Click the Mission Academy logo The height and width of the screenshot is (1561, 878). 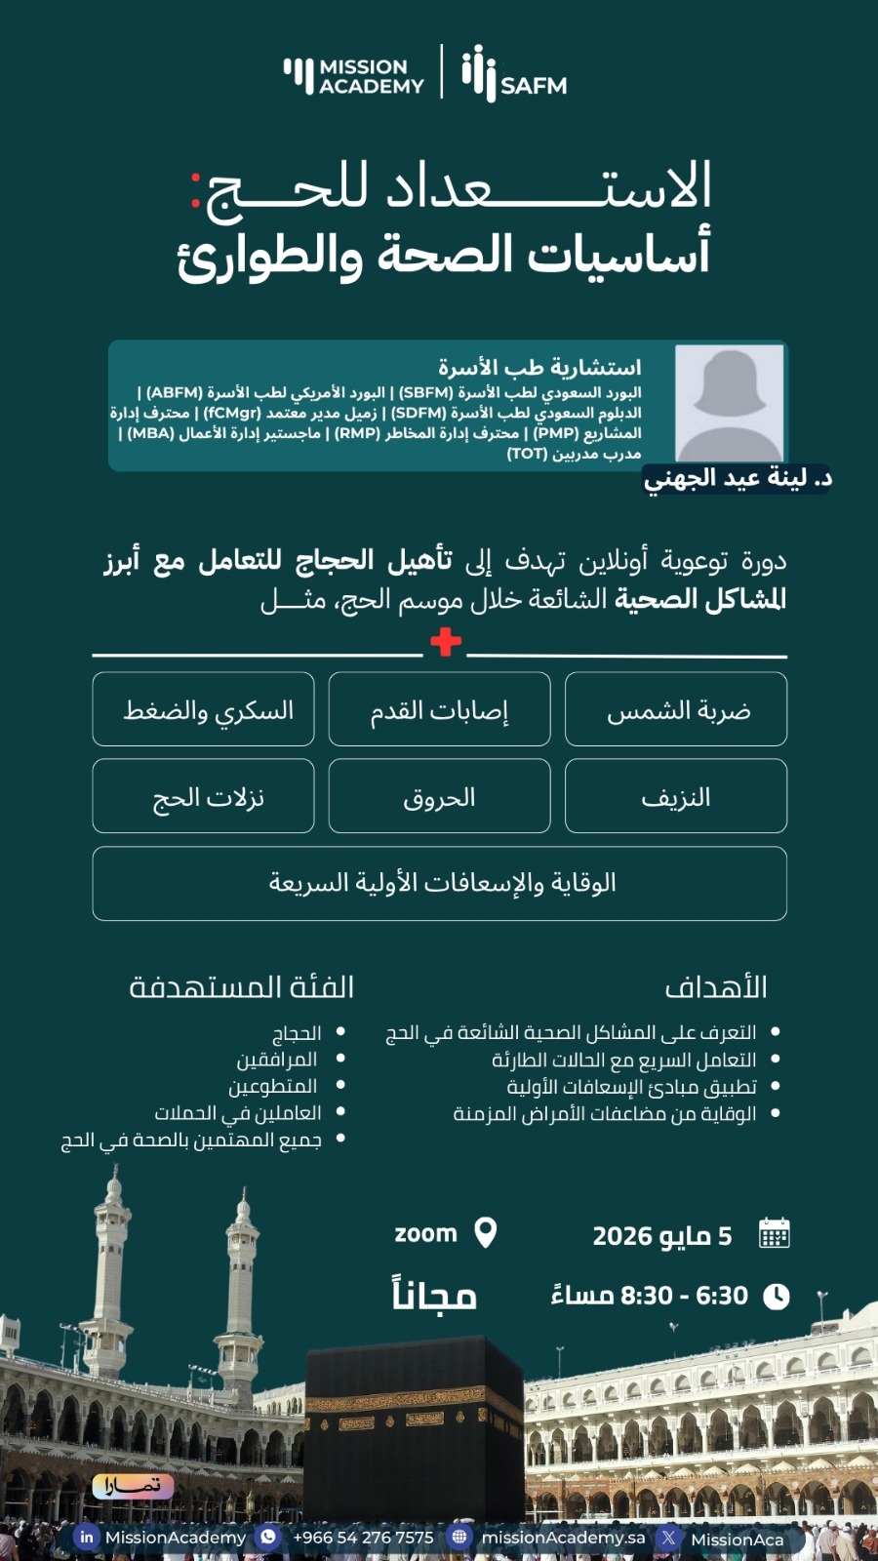click(354, 75)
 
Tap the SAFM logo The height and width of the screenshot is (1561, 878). click(514, 74)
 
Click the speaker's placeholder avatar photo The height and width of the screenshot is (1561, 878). click(729, 403)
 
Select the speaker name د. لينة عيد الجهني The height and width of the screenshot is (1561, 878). click(738, 478)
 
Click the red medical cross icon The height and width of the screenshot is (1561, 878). click(445, 642)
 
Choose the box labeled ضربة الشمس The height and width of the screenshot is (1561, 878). click(676, 709)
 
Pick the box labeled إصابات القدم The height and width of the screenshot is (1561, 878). click(439, 709)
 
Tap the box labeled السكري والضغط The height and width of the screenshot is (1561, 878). click(203, 709)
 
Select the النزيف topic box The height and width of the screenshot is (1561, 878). click(676, 796)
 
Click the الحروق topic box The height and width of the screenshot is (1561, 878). click(439, 796)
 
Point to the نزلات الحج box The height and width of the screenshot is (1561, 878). click(203, 796)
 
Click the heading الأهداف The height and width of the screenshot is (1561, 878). click(716, 987)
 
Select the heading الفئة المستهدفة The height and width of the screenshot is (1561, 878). click(242, 987)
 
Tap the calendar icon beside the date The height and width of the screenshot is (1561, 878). click(774, 1234)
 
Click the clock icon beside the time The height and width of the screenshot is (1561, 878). click(776, 1297)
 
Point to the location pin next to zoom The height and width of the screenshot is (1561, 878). click(485, 1233)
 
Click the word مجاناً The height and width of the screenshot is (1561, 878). click(434, 1296)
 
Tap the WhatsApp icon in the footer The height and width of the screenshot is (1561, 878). click(267, 1537)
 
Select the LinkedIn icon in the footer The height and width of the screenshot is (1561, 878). click(87, 1537)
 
